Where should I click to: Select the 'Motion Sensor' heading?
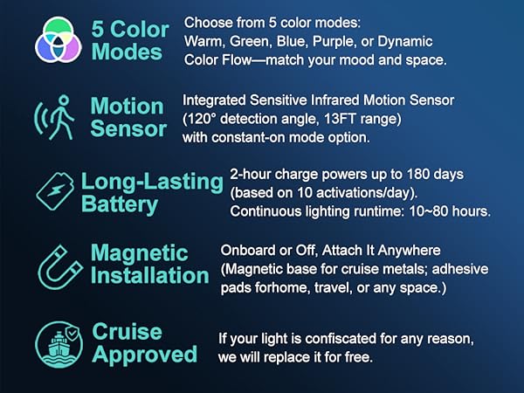point(128,118)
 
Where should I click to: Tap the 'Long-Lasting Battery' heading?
point(151,193)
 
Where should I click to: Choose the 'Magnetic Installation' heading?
point(149,265)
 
